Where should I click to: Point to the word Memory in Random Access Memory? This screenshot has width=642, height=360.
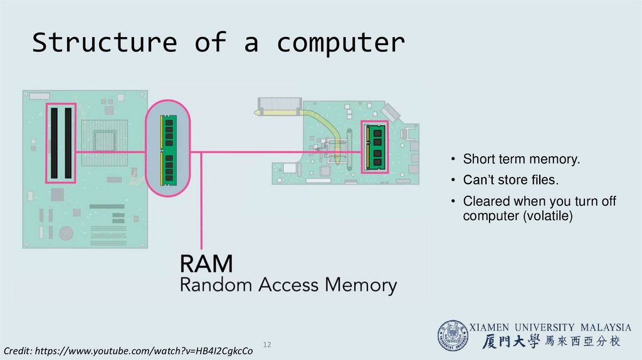(360, 286)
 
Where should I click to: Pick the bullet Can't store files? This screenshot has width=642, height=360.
(510, 181)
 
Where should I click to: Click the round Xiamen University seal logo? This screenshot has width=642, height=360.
(453, 336)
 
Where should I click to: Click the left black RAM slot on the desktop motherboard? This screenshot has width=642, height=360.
(55, 142)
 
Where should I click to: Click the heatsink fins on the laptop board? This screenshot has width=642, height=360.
(279, 103)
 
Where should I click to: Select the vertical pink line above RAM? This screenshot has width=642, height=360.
(201, 201)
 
